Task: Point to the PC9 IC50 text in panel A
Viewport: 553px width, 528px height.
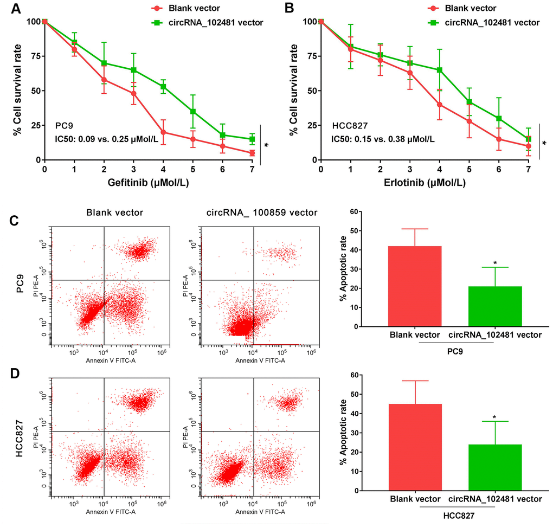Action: [106, 139]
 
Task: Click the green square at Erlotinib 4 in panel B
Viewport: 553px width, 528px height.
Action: [439, 70]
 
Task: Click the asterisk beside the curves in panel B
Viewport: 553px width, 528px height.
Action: [544, 144]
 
